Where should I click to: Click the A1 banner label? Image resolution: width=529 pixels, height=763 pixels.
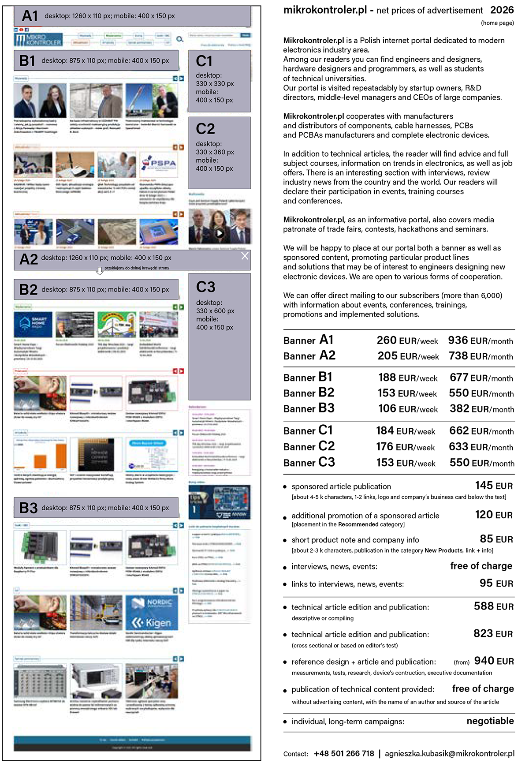pos(30,16)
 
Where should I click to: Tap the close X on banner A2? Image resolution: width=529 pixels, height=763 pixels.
pos(245,256)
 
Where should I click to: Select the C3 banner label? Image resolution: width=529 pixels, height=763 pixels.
pos(205,287)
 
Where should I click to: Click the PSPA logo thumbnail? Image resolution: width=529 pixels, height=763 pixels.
pos(159,165)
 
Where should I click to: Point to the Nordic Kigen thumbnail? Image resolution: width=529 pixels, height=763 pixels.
pos(152,613)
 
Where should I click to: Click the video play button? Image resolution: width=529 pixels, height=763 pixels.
pos(219,233)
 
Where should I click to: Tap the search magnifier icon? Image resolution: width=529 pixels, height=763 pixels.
pos(180,39)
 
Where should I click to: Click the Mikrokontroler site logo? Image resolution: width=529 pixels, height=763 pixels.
pos(38,40)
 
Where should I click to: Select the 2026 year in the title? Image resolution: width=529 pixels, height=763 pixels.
pos(502,10)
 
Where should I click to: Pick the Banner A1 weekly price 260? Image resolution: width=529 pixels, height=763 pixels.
pos(387,340)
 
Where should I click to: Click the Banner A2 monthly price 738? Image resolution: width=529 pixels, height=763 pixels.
pos(458,355)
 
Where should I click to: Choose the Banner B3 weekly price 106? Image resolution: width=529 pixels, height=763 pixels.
pos(387,408)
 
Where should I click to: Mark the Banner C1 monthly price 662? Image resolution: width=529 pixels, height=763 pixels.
pos(459,430)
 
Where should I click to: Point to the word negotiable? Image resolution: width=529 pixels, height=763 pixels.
pos(490,721)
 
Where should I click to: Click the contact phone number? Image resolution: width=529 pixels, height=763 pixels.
pos(344,753)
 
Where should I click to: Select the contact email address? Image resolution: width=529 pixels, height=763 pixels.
pos(450,753)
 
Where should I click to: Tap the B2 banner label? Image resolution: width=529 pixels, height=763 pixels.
pos(29,289)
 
